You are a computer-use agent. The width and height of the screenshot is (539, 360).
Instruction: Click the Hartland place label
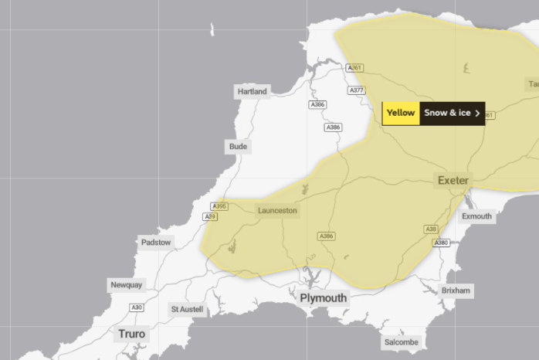pyautogui.click(x=252, y=91)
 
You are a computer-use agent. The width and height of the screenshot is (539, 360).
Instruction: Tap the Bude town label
pyautogui.click(x=238, y=146)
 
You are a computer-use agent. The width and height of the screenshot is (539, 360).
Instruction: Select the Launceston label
pyautogui.click(x=276, y=210)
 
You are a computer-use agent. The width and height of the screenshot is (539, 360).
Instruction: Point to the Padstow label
pyautogui.click(x=156, y=243)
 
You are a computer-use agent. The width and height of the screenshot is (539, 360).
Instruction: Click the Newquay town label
pyautogui.click(x=126, y=284)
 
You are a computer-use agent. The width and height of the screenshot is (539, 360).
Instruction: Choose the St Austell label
pyautogui.click(x=187, y=310)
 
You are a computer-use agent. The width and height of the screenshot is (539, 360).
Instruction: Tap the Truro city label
pyautogui.click(x=131, y=334)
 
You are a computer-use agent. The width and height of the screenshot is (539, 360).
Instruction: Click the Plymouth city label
pyautogui.click(x=323, y=297)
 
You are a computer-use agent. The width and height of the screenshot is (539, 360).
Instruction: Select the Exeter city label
pyautogui.click(x=453, y=180)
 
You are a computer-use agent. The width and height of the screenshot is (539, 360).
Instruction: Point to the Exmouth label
pyautogui.click(x=476, y=216)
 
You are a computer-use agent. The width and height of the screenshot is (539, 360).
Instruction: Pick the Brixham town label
pyautogui.click(x=456, y=290)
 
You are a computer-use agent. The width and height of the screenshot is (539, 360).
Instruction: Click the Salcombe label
pyautogui.click(x=401, y=342)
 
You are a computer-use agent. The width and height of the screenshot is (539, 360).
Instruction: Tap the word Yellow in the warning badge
pyautogui.click(x=401, y=113)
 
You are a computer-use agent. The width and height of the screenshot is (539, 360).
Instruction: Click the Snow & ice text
pyautogui.click(x=446, y=113)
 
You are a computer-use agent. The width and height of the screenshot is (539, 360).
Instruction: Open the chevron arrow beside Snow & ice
pyautogui.click(x=478, y=113)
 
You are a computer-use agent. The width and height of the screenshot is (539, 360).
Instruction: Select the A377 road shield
pyautogui.click(x=356, y=90)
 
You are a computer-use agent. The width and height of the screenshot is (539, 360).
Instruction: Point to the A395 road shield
pyautogui.click(x=219, y=206)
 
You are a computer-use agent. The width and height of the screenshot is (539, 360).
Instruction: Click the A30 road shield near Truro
pyautogui.click(x=137, y=307)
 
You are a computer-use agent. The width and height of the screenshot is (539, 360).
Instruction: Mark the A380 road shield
pyautogui.click(x=441, y=243)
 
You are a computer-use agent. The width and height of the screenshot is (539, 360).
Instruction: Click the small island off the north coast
pyautogui.click(x=212, y=30)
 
